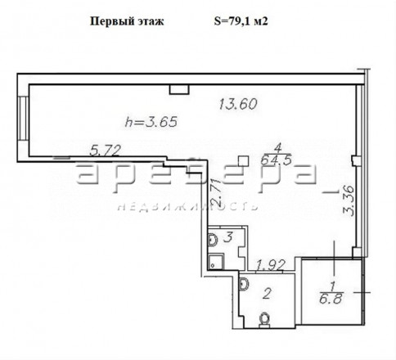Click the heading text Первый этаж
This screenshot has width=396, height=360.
point(127,21)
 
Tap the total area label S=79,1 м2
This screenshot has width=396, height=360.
point(241,21)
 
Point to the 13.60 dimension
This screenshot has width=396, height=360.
point(238,104)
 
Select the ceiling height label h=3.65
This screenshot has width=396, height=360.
point(151,121)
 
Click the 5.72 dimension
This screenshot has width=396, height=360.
point(106,151)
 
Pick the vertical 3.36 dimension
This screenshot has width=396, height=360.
point(349,200)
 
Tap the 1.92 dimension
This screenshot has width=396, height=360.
point(271,265)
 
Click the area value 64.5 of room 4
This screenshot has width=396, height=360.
point(276,160)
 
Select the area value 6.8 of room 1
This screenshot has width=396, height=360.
point(331,299)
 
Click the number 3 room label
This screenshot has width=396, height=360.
point(228,237)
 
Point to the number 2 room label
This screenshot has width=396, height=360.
point(267,294)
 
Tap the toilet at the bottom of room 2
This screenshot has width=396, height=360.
point(263,319)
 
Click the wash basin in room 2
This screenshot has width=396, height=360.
point(244,284)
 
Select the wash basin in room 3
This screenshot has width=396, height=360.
point(213,240)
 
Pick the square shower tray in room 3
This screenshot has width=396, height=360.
point(216,261)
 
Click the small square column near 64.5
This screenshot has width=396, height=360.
point(243,161)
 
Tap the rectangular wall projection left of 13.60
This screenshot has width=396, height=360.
point(179,89)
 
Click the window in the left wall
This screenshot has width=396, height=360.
point(23,119)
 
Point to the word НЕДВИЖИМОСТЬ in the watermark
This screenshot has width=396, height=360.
point(188,207)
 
